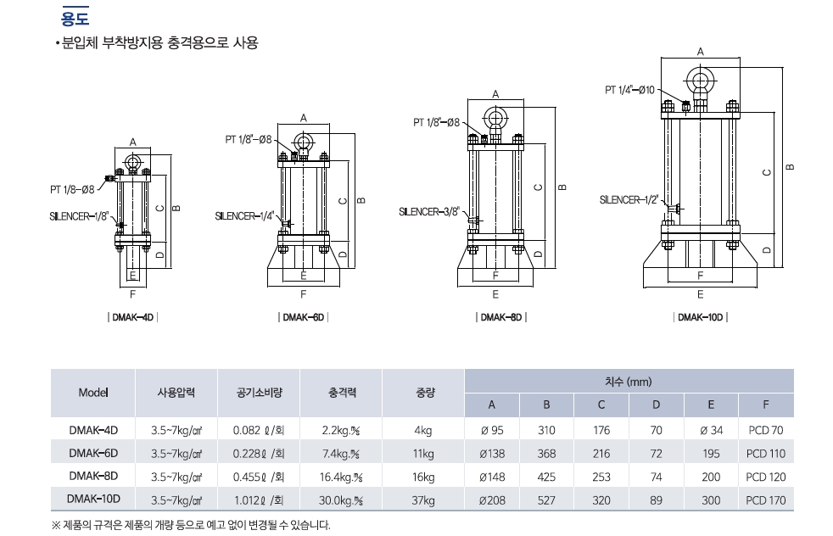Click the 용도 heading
coord(75,18)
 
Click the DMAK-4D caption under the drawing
coord(133,317)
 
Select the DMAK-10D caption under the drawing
coord(700,317)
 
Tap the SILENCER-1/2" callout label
coord(629,200)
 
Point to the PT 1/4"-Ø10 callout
coord(629,90)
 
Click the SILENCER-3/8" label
coord(428,211)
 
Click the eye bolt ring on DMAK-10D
coord(700,81)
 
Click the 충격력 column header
coord(342,393)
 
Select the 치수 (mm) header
coord(629,382)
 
